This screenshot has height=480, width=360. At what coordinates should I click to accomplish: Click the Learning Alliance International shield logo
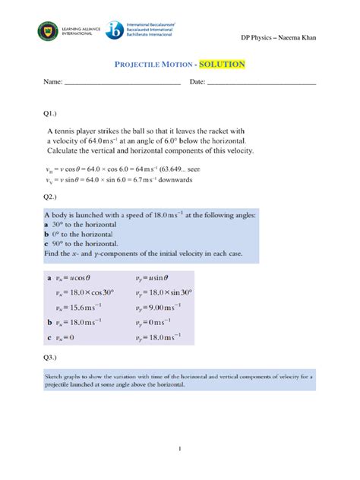tap(46, 33)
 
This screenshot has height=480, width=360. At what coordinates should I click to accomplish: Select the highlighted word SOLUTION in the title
tap(222, 65)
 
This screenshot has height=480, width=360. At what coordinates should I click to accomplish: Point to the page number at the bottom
tap(179, 448)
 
